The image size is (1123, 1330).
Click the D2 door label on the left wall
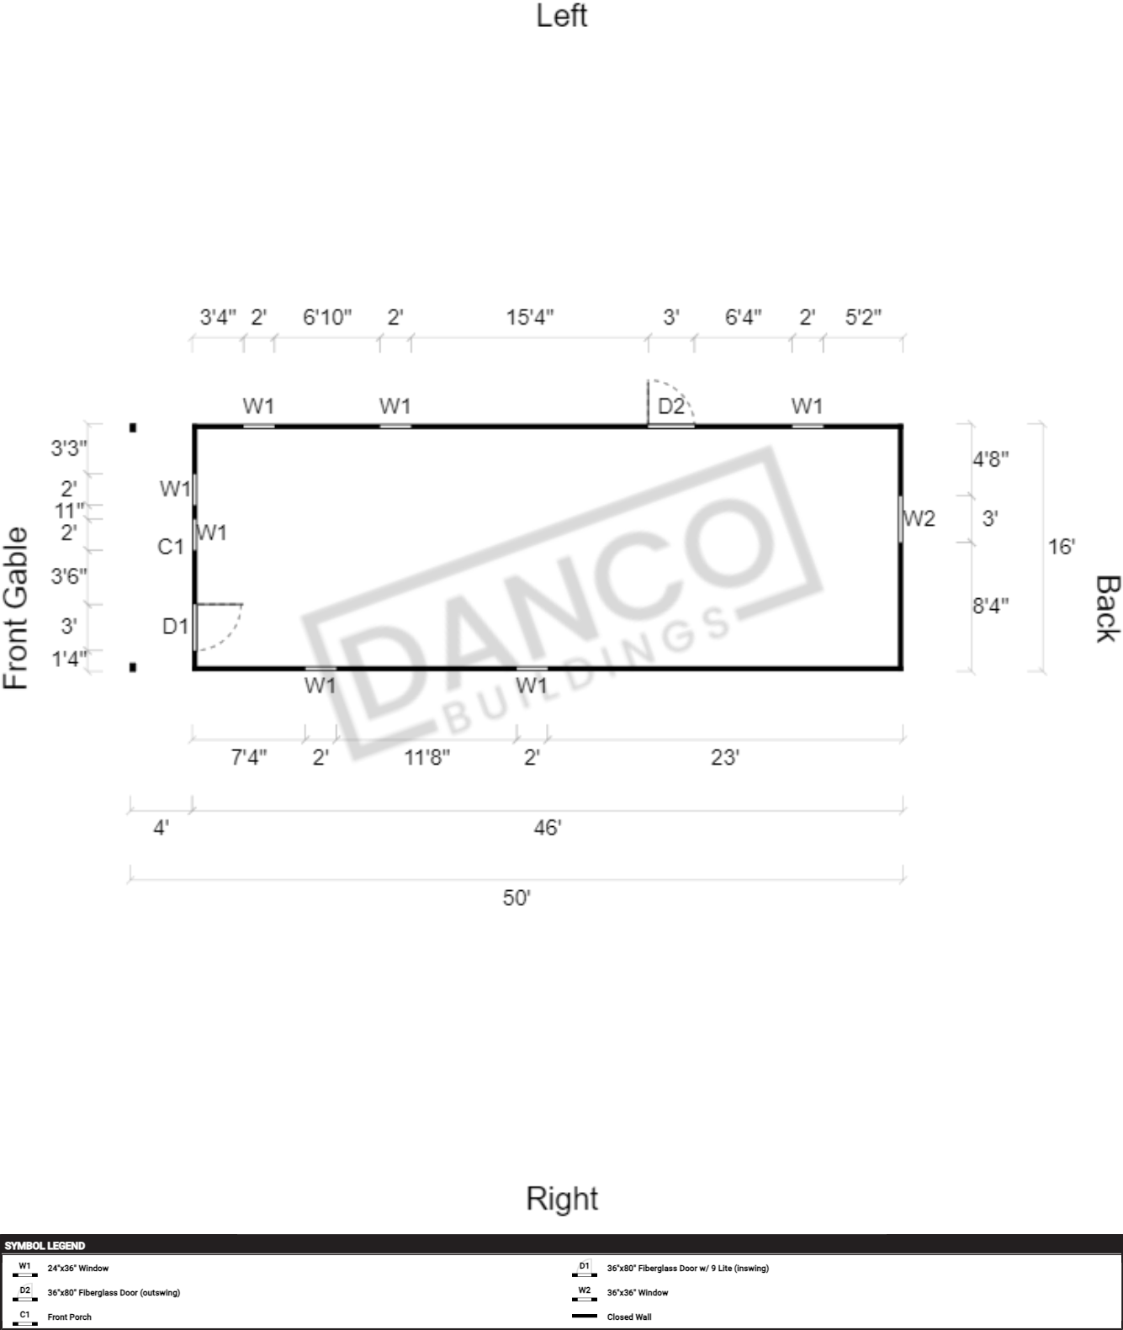(x=670, y=405)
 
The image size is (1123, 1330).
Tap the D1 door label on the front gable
(x=175, y=626)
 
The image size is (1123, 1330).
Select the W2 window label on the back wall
(x=919, y=518)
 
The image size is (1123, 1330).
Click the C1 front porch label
(x=170, y=547)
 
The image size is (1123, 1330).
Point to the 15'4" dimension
(x=530, y=316)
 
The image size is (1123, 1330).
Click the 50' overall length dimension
(x=516, y=898)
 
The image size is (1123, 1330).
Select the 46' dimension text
(x=547, y=828)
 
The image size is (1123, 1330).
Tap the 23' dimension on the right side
(x=725, y=757)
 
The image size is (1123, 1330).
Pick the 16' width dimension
(x=1062, y=547)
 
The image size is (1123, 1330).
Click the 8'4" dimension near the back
(x=990, y=605)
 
